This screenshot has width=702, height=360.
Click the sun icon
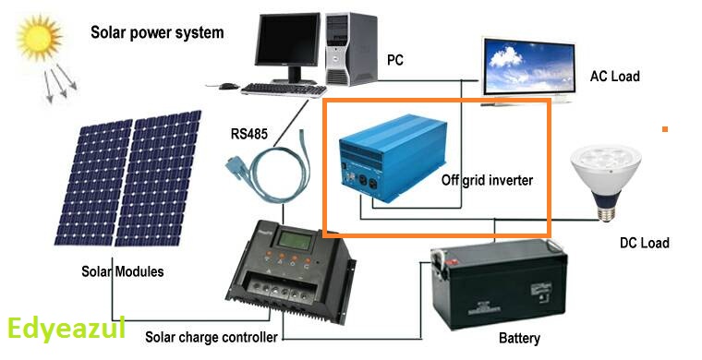pyautogui.click(x=39, y=38)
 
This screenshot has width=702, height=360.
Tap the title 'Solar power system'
pyautogui.click(x=157, y=33)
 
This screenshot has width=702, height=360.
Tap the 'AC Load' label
pyautogui.click(x=614, y=76)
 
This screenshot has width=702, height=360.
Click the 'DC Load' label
pyautogui.click(x=644, y=243)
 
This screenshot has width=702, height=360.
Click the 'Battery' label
pyautogui.click(x=519, y=339)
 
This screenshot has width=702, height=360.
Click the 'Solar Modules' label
pyautogui.click(x=122, y=272)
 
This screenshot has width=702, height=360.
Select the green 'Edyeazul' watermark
pyautogui.click(x=65, y=330)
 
